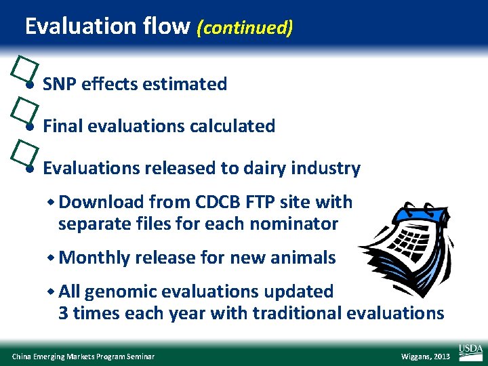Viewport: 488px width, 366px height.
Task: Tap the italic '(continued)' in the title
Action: (x=245, y=27)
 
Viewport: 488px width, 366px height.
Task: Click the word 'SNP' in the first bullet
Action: (x=59, y=84)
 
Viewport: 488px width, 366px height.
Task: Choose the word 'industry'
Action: (x=333, y=168)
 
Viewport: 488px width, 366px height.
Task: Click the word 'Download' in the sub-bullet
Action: (x=101, y=202)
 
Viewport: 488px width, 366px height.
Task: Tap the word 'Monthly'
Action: (x=94, y=258)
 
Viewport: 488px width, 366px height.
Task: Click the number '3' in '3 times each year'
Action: (x=63, y=313)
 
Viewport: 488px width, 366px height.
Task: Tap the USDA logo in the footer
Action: (x=470, y=350)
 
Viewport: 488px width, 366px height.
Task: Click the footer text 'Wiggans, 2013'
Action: (x=426, y=357)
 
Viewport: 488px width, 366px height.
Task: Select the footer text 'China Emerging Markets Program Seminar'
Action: (x=83, y=357)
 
